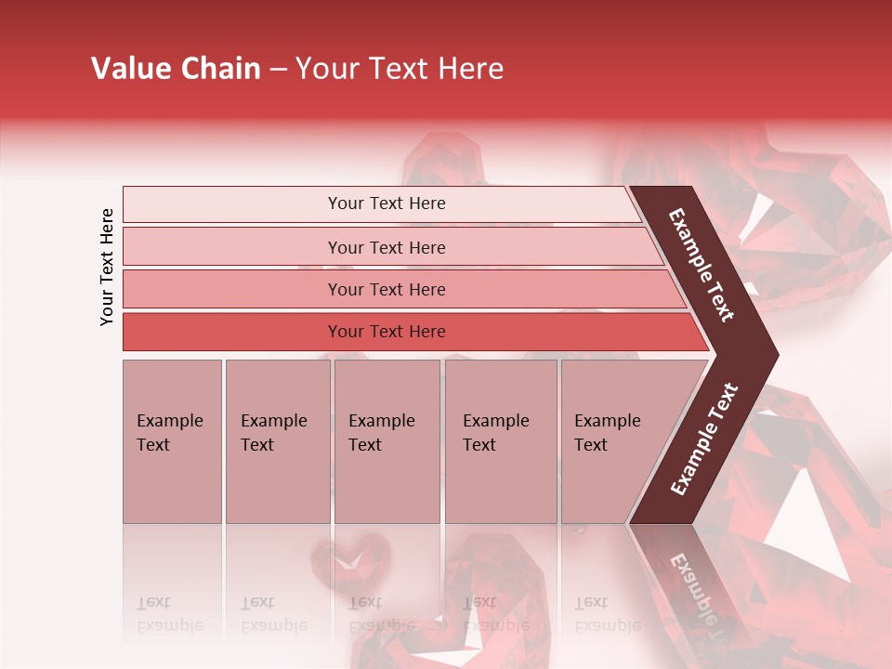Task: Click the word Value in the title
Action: tap(129, 69)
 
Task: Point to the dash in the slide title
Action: tap(278, 70)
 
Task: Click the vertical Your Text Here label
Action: tap(107, 267)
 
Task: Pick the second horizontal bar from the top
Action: tap(386, 247)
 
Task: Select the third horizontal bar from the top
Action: tap(386, 289)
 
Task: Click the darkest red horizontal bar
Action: tap(386, 332)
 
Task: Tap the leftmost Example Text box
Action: tap(172, 440)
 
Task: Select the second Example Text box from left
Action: tap(277, 440)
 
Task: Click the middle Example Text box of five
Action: tap(387, 440)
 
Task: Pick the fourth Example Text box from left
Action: tap(500, 440)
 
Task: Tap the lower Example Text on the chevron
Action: tap(704, 439)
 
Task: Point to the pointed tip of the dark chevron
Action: tap(776, 354)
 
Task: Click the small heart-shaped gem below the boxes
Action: tap(350, 562)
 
